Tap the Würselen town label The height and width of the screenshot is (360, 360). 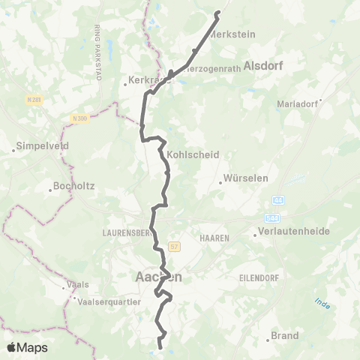tap(241, 180)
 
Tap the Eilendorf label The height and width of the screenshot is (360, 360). tap(259, 277)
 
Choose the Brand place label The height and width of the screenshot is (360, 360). tap(285, 336)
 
